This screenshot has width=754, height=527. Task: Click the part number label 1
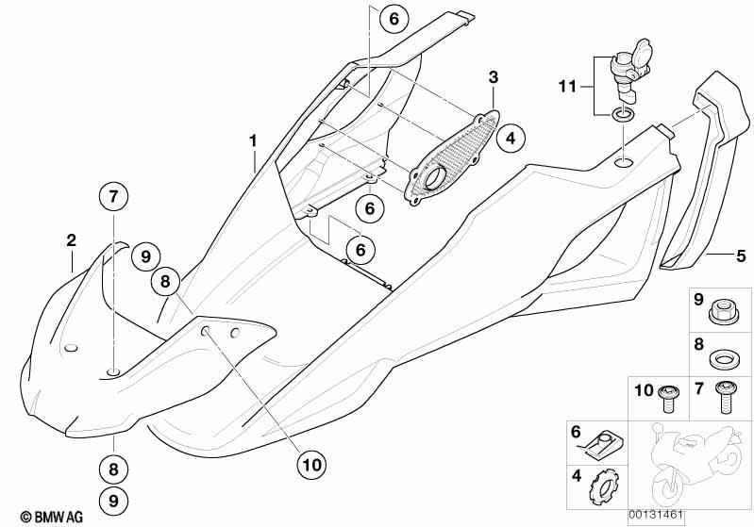click(253, 141)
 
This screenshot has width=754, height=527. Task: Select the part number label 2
click(71, 240)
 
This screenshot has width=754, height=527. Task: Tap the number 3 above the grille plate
click(494, 77)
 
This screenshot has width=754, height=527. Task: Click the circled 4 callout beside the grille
click(511, 139)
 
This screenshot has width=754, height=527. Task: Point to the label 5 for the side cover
click(741, 255)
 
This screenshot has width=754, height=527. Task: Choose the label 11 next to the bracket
click(567, 87)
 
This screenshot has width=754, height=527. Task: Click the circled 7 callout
click(113, 196)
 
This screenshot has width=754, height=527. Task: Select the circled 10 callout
click(311, 465)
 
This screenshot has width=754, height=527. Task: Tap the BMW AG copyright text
click(52, 517)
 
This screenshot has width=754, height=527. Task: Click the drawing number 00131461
click(655, 515)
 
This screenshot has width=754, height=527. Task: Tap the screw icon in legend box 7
click(726, 397)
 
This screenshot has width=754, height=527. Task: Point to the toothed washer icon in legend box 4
click(605, 487)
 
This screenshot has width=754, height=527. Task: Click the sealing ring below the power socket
click(623, 115)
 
